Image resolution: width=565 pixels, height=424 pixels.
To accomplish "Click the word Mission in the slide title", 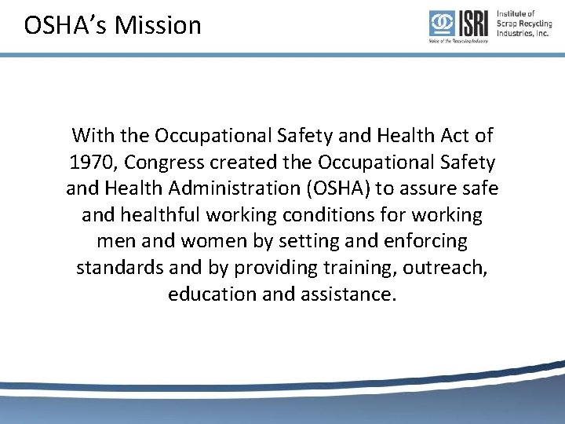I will coord(158,25).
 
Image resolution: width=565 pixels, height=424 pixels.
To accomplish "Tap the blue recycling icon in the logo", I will coord(441,24).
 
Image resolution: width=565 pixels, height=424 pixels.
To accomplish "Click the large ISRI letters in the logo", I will coord(472,24).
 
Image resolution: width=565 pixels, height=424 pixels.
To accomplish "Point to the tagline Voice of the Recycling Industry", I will coord(458,40).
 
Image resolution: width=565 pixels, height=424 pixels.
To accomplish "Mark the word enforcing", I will coord(420,241).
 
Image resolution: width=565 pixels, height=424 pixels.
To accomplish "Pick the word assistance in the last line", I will coord(345,294).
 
